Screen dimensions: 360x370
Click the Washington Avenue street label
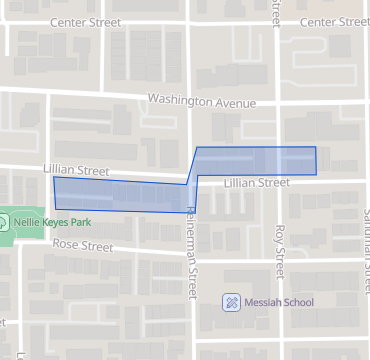[x=201, y=102]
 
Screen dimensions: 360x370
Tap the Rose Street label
[x=83, y=244]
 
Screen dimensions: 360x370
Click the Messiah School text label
[x=280, y=302]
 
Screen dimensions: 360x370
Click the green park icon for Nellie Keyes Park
[x=4, y=222]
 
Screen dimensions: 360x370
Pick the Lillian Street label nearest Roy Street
[x=256, y=183]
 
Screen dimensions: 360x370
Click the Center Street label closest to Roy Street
[x=332, y=22]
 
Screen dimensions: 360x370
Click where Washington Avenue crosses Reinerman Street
[x=190, y=101]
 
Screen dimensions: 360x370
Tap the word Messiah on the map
[x=262, y=302]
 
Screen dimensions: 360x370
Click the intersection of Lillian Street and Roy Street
[x=277, y=181]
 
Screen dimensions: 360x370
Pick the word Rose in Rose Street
[x=66, y=243]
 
